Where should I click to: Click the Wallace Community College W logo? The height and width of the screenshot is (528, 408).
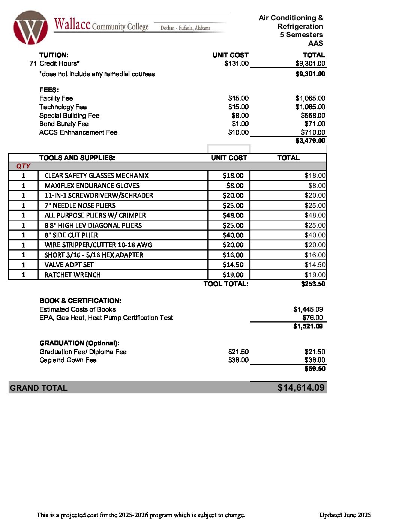coord(30,28)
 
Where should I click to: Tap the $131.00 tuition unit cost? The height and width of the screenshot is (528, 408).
coord(236,63)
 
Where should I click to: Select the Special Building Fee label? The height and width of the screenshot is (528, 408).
coord(69,115)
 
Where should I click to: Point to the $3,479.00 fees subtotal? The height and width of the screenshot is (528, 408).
coord(310,141)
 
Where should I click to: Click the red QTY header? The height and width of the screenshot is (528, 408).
coord(23,166)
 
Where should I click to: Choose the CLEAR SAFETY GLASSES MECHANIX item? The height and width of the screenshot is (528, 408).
coord(96,175)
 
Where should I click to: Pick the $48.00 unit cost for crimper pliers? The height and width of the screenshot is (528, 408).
coord(233,215)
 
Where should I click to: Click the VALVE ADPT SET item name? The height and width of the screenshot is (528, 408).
coord(69,265)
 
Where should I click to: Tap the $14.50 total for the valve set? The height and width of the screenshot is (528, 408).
coord(315,265)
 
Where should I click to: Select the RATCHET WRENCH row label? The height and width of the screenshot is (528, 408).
coord(72,275)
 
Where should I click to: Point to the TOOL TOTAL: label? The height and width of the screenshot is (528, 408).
coord(226,284)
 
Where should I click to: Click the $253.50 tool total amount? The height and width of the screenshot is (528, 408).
coord(313,284)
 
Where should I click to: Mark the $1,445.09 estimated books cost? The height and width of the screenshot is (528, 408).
coord(308,309)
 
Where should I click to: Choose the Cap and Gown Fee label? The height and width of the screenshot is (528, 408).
coord(68,360)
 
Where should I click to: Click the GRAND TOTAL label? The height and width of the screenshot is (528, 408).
coord(39,388)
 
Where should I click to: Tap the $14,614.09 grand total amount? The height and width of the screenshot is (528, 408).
coord(301,388)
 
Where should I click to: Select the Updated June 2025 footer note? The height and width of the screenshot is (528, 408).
coord(345,515)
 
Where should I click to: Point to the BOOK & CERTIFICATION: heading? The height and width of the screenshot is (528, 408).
coord(80,301)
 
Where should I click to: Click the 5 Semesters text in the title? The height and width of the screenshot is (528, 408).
coord(301,35)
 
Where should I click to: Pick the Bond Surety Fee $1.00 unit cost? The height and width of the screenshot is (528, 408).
coord(240,124)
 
